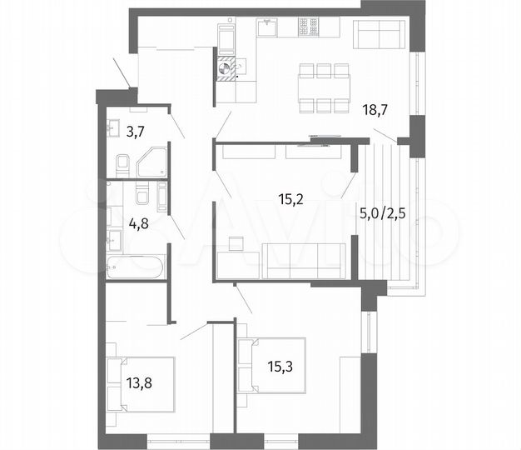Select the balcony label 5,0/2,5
coord(383,212)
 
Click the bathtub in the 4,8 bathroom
coord(135,267)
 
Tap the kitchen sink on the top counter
coord(265,30)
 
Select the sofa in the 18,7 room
coord(379,36)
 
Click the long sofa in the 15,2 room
coord(304,260)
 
